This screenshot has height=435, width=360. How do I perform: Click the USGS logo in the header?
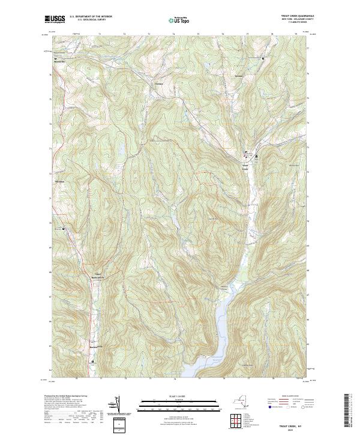pos(55,19)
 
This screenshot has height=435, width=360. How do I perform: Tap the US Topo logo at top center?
pos(179,20)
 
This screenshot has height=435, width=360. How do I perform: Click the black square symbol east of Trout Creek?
pos(257,157)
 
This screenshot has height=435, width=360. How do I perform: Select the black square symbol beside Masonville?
pos(55,58)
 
